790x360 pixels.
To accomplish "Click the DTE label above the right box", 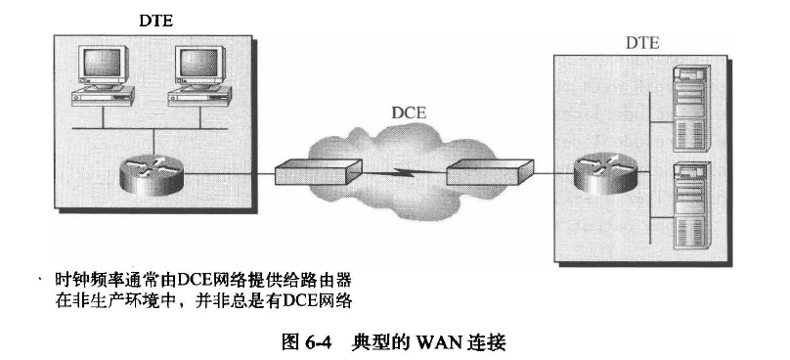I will (642, 43).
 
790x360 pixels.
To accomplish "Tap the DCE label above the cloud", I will (410, 113).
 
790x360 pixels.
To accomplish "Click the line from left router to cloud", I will (224, 176).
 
